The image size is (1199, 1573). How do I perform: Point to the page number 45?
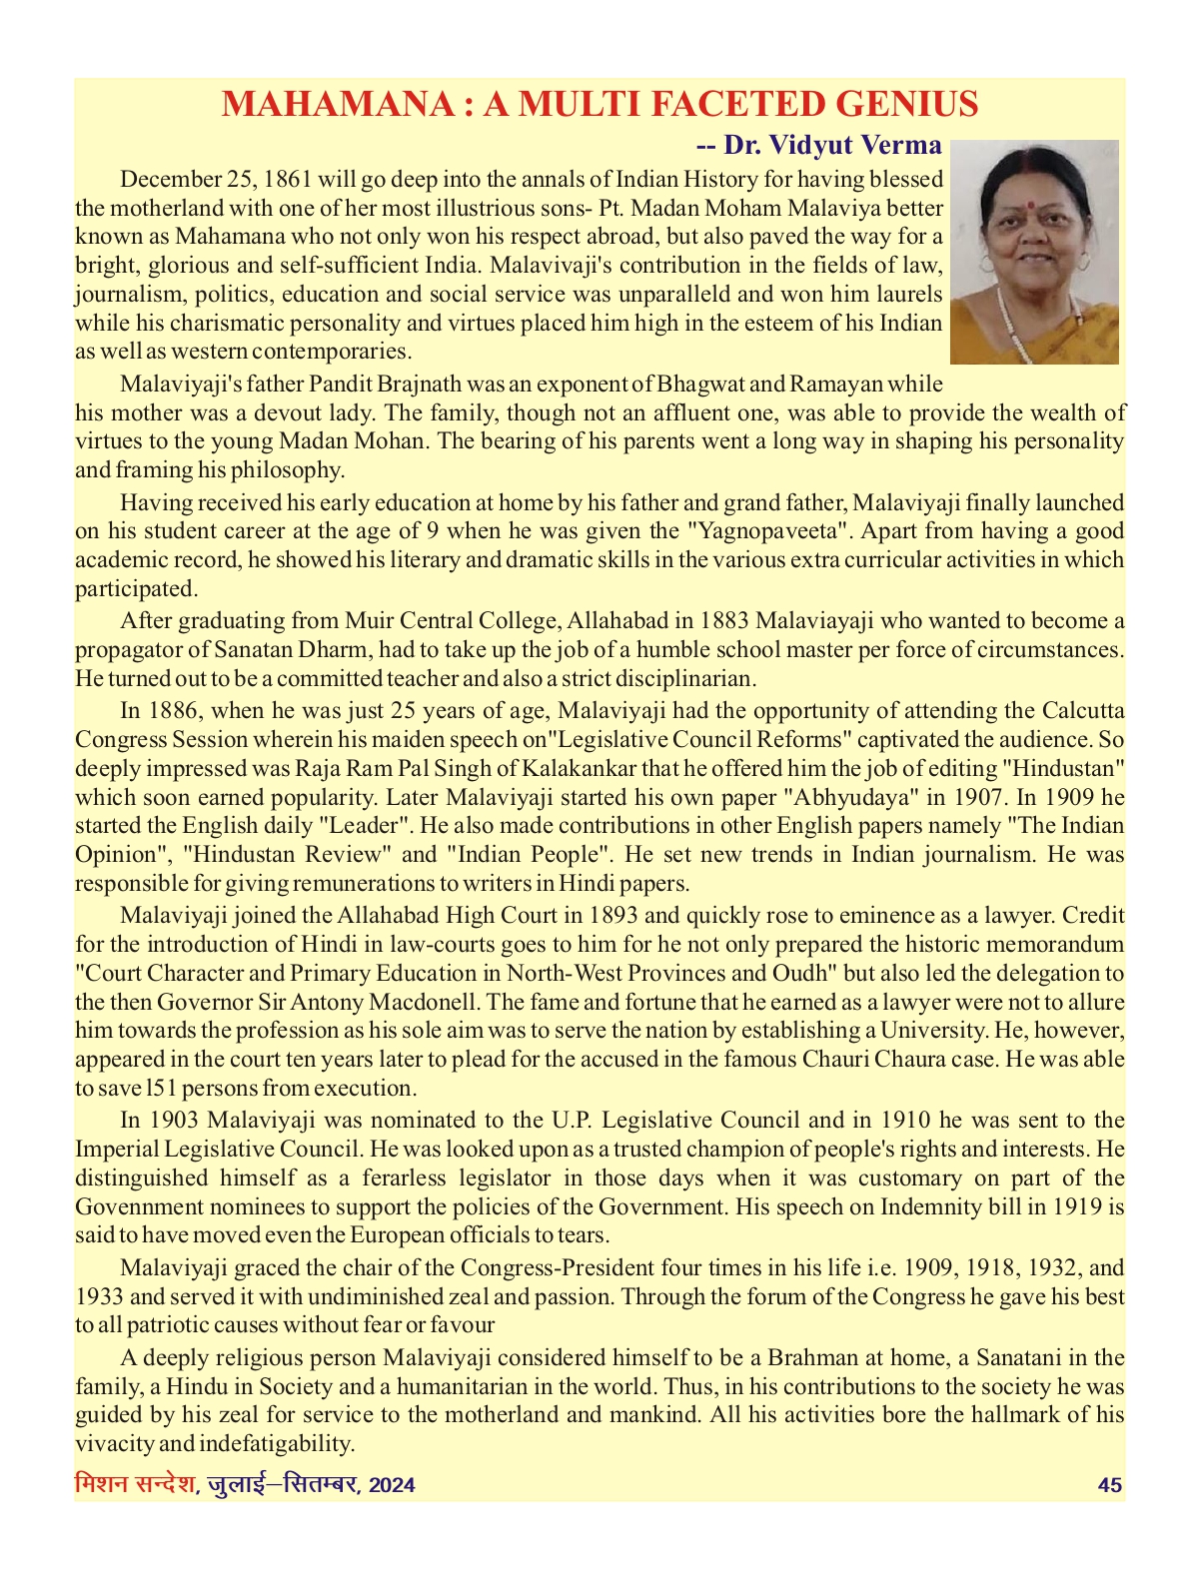point(1109,1485)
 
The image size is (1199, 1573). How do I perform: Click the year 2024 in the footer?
point(392,1485)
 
